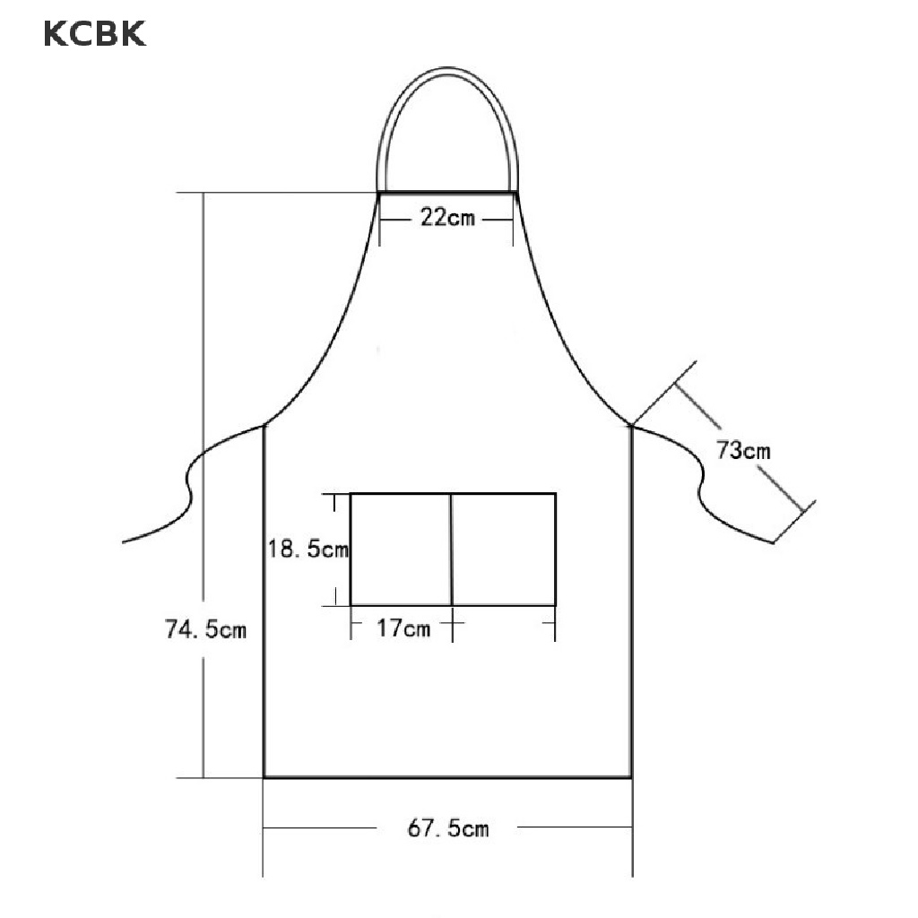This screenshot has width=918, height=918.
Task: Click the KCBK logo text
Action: (x=94, y=33)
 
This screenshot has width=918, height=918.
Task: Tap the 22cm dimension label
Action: (x=447, y=218)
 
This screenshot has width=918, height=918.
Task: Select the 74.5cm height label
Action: (x=205, y=629)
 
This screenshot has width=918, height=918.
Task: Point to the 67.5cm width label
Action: (x=448, y=827)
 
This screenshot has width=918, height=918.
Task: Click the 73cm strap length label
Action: (x=743, y=450)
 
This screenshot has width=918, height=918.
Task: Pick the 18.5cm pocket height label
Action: (x=308, y=550)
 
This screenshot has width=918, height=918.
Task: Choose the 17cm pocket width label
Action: (x=403, y=628)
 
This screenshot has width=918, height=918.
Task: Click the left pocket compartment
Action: (x=401, y=550)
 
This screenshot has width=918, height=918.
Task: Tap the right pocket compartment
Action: (x=504, y=550)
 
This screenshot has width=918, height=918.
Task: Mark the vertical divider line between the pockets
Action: (x=452, y=550)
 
